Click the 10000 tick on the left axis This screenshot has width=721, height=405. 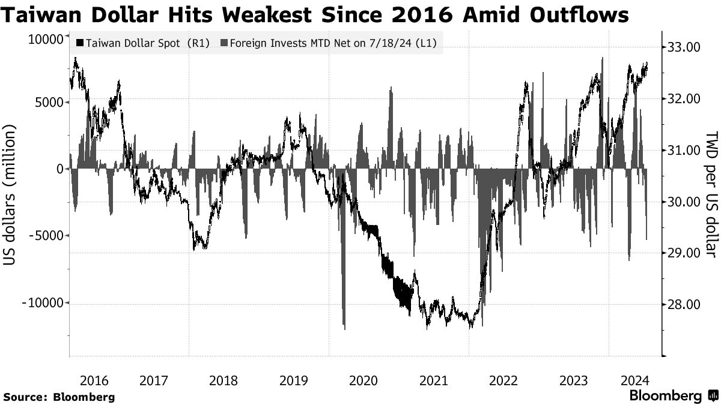46,40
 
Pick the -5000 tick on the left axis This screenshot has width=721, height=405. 46,236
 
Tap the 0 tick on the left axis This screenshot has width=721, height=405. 60,169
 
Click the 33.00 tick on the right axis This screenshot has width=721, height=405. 685,47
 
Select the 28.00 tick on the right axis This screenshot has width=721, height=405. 685,305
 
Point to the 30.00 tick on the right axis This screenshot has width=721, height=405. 685,202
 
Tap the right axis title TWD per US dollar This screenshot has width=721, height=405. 711,194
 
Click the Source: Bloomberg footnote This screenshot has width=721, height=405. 59,397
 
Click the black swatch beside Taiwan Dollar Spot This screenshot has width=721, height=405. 80,43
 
